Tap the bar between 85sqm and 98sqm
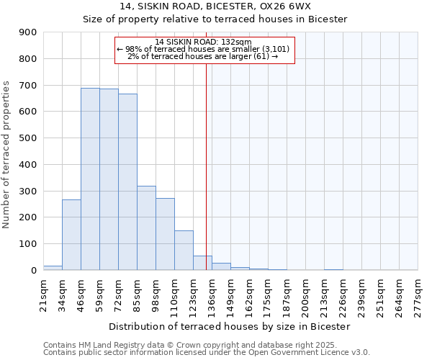[146, 228]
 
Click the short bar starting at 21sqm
[53, 268]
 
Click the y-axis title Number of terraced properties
[6, 155]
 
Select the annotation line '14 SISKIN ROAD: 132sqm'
[204, 42]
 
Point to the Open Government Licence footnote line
[207, 352]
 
